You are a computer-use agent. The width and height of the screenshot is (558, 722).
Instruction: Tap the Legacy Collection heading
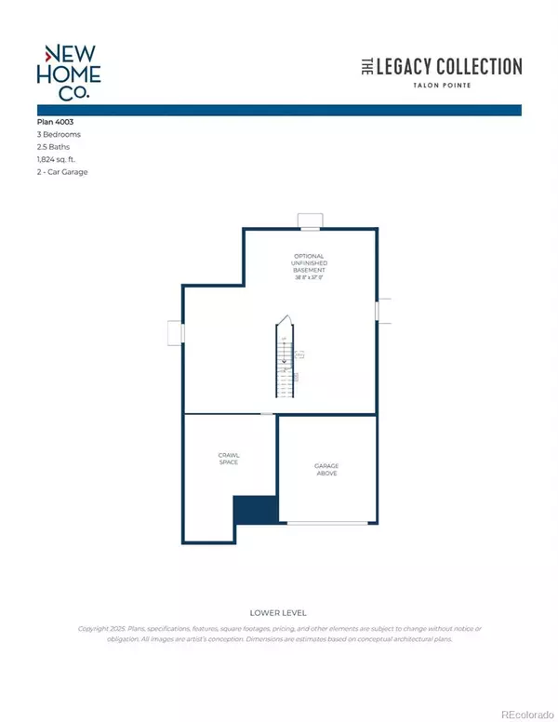440,66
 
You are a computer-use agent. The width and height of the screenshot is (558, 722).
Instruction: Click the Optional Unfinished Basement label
309,264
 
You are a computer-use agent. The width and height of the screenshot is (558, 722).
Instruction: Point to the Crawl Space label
229,459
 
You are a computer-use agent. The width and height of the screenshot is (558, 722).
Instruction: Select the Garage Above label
325,470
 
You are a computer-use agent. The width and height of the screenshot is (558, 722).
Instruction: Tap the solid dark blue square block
255,508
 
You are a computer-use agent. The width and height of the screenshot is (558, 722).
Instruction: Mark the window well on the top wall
309,221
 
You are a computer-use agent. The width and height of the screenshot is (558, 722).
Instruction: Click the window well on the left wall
175,332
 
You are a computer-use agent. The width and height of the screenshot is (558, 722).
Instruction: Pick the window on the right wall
379,311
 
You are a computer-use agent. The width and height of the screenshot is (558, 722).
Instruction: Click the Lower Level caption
278,613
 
